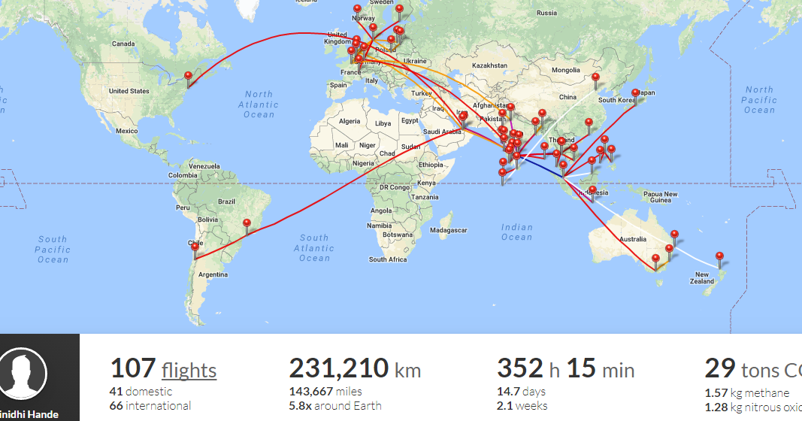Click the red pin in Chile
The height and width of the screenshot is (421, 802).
(195, 247)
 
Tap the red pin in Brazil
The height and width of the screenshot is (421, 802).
(247, 223)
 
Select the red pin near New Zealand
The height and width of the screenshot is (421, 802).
(719, 257)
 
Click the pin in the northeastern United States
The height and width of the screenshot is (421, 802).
(188, 76)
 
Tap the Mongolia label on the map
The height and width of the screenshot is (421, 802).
(566, 70)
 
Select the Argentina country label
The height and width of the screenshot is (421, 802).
(213, 274)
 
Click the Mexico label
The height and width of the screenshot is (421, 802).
(127, 131)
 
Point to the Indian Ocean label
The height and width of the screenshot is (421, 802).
(516, 232)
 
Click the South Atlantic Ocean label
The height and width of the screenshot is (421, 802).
(314, 248)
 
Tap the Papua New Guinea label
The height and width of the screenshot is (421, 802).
(660, 197)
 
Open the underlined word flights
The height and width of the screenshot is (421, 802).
(189, 371)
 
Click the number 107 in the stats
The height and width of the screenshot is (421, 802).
(132, 369)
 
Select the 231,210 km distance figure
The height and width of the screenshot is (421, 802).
(354, 369)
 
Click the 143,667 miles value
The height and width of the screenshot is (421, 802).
(325, 392)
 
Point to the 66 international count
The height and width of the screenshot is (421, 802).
(150, 406)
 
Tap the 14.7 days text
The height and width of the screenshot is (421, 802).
(521, 392)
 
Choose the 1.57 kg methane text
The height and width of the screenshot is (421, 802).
(746, 393)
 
